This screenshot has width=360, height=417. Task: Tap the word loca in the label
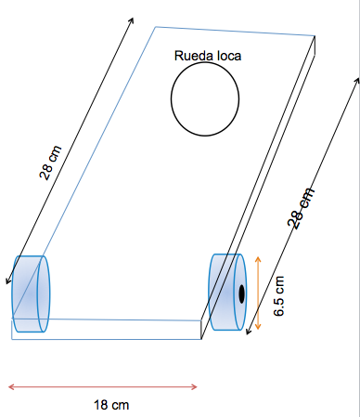229,56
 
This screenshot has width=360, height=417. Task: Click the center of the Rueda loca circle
205,99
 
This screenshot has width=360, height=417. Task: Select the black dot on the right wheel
241,293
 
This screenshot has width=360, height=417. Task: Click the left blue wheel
31,293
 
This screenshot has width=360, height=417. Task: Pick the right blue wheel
227,292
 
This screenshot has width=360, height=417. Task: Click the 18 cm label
111,405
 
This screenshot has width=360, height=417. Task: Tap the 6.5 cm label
279,296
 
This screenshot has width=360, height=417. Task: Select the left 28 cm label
51,163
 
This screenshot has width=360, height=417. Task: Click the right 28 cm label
301,208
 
